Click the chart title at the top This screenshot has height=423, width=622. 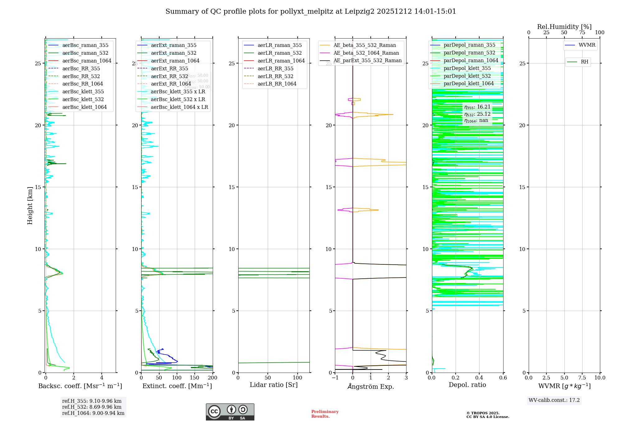[x=311, y=12]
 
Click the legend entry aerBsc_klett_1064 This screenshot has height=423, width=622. [x=84, y=107]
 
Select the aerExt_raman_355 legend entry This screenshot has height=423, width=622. [x=174, y=45]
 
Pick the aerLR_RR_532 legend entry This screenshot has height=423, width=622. [x=275, y=76]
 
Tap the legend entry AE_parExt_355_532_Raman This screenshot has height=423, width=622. [x=367, y=61]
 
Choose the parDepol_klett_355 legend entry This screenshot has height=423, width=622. [x=467, y=68]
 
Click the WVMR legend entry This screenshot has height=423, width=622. [x=587, y=45]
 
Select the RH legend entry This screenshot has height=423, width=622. [x=584, y=62]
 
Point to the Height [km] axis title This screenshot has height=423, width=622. [x=30, y=206]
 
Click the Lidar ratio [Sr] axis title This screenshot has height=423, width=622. [x=274, y=385]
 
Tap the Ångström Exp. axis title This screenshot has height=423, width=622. [x=370, y=386]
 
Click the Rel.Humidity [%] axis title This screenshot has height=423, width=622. [x=564, y=27]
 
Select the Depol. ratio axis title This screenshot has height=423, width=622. [x=467, y=385]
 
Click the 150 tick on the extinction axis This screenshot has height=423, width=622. [x=195, y=378]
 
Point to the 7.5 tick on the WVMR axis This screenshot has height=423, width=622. [x=582, y=378]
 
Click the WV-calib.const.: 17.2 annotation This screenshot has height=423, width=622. [x=554, y=400]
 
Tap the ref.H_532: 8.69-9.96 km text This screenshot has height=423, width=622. [x=92, y=407]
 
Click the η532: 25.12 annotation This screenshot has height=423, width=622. [x=477, y=114]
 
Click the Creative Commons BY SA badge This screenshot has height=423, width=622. [x=230, y=412]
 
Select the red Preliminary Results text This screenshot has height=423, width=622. [x=325, y=414]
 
